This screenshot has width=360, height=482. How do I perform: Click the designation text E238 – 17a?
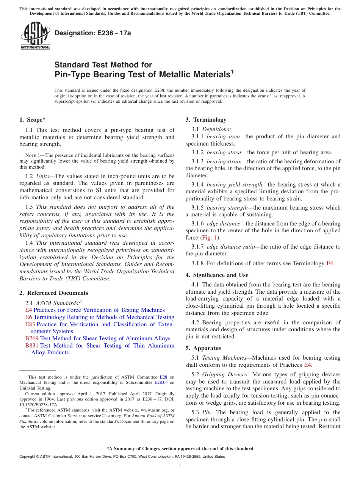click(x=92, y=33)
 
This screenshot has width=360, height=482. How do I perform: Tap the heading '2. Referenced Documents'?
click(x=54, y=293)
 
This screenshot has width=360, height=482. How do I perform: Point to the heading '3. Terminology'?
click(x=206, y=120)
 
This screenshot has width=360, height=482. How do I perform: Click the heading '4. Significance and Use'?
click(x=217, y=275)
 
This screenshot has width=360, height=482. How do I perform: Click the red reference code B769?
click(x=32, y=338)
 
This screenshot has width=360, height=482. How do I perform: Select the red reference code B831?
click(x=32, y=346)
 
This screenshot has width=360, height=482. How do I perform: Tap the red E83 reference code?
click(x=30, y=324)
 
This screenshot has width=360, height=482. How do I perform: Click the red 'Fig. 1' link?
click(x=208, y=238)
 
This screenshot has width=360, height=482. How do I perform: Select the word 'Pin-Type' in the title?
click(x=72, y=74)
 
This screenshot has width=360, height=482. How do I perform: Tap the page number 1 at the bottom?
click(x=180, y=466)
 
